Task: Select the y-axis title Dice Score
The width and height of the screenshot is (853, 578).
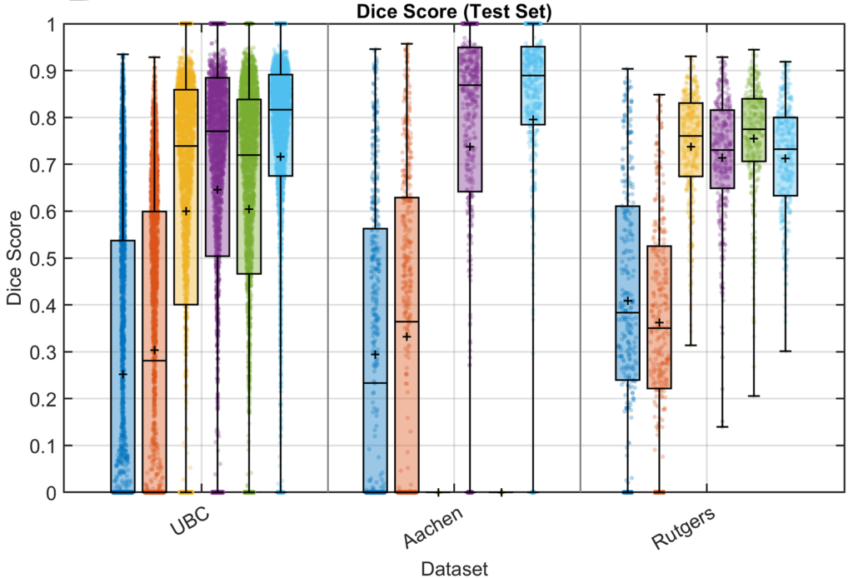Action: tap(14, 258)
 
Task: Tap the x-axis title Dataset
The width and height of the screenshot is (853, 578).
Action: tap(454, 568)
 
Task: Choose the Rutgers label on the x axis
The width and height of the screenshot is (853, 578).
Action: tap(683, 530)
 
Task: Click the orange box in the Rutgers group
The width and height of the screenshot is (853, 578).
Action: tap(659, 316)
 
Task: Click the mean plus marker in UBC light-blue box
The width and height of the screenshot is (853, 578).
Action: tap(281, 157)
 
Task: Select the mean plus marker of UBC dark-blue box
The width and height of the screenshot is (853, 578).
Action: tap(122, 375)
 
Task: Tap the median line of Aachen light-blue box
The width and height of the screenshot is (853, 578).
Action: tap(533, 76)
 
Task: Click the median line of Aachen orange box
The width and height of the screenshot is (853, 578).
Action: tap(407, 321)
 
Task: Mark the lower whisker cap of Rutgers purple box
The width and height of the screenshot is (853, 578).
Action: tap(722, 426)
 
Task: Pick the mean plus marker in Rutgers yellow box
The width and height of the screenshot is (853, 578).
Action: tap(691, 147)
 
